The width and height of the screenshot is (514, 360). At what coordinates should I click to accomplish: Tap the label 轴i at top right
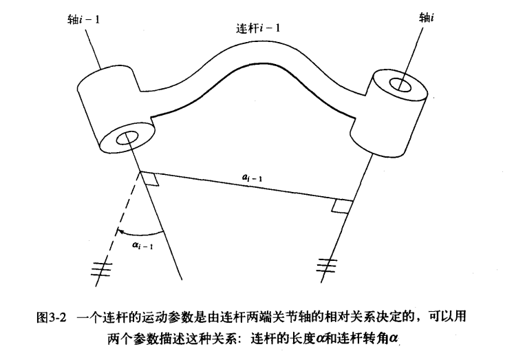[x=427, y=16]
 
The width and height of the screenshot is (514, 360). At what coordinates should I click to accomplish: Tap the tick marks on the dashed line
[x=103, y=270]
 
